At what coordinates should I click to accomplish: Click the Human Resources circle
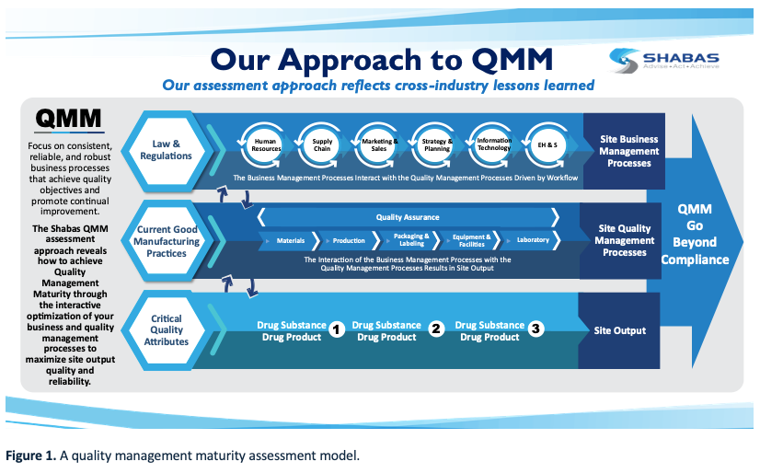click(x=266, y=144)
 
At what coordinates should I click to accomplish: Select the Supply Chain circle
click(x=322, y=144)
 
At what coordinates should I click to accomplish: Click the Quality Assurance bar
click(x=408, y=217)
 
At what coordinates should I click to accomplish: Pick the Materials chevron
click(x=292, y=241)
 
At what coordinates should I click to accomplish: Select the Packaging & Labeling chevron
click(x=410, y=241)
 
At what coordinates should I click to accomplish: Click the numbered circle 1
click(x=337, y=329)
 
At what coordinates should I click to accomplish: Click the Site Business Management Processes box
click(x=629, y=152)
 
